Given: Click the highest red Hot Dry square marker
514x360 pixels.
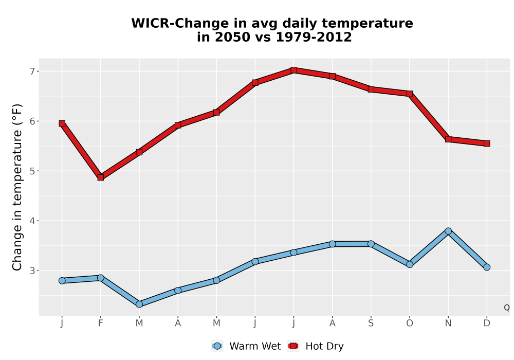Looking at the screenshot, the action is pyautogui.click(x=293, y=70).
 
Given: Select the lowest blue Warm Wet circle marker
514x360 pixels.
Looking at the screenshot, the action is pyautogui.click(x=139, y=304).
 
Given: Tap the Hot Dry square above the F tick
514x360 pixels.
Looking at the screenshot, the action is pyautogui.click(x=101, y=177).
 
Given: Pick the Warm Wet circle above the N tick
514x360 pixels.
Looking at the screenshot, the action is pyautogui.click(x=448, y=231).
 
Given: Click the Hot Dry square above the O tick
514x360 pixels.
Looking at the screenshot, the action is pyautogui.click(x=410, y=94).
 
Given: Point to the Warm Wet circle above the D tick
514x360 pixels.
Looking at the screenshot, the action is pyautogui.click(x=487, y=267).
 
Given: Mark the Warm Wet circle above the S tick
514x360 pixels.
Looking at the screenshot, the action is pyautogui.click(x=371, y=244).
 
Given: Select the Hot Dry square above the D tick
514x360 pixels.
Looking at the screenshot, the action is pyautogui.click(x=487, y=143).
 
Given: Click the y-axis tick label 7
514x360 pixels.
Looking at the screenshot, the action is pyautogui.click(x=32, y=71).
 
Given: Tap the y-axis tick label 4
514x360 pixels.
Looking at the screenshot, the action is pyautogui.click(x=32, y=221).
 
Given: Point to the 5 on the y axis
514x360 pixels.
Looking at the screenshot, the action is pyautogui.click(x=32, y=171).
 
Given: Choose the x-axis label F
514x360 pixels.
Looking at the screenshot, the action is pyautogui.click(x=101, y=323).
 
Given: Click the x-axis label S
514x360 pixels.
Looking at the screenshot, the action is pyautogui.click(x=371, y=323).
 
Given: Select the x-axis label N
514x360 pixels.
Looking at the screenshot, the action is pyautogui.click(x=448, y=323).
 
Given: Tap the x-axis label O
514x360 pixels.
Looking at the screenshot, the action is pyautogui.click(x=410, y=323).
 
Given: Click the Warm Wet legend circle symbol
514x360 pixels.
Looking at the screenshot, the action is pyautogui.click(x=217, y=346).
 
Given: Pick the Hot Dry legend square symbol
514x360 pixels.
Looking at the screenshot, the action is pyautogui.click(x=293, y=346).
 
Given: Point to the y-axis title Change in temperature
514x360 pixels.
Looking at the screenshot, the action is pyautogui.click(x=17, y=187).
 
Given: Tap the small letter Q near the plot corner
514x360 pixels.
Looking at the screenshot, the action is pyautogui.click(x=507, y=308).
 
